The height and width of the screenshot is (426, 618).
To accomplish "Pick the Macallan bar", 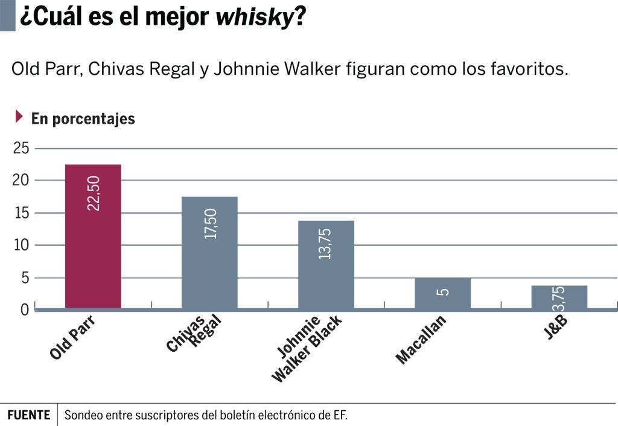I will coord(442,294).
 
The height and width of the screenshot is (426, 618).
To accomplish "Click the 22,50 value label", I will coord(94,193).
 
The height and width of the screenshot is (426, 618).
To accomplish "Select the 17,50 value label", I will coord(211,224).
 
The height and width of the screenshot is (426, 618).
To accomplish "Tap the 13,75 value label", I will coord(325,243).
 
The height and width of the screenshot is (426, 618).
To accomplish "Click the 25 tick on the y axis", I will coord(21,148).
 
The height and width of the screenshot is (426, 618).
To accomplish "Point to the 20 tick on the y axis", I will coord(21,180).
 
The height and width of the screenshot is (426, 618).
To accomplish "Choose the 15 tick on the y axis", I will coord(21,213).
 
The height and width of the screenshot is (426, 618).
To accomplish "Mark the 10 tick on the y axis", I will coord(21,246).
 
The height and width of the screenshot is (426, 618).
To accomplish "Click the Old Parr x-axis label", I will coord(73,338).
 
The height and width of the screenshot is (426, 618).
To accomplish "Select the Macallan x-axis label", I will coord(421,340).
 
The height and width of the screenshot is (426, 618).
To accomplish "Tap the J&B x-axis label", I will coord(556,326).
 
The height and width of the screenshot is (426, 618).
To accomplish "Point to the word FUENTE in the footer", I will coord(29,415).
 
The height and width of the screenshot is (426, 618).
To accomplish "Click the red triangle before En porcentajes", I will coord(19,116).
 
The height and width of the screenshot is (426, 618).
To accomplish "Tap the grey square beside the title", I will coord(7,16).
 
